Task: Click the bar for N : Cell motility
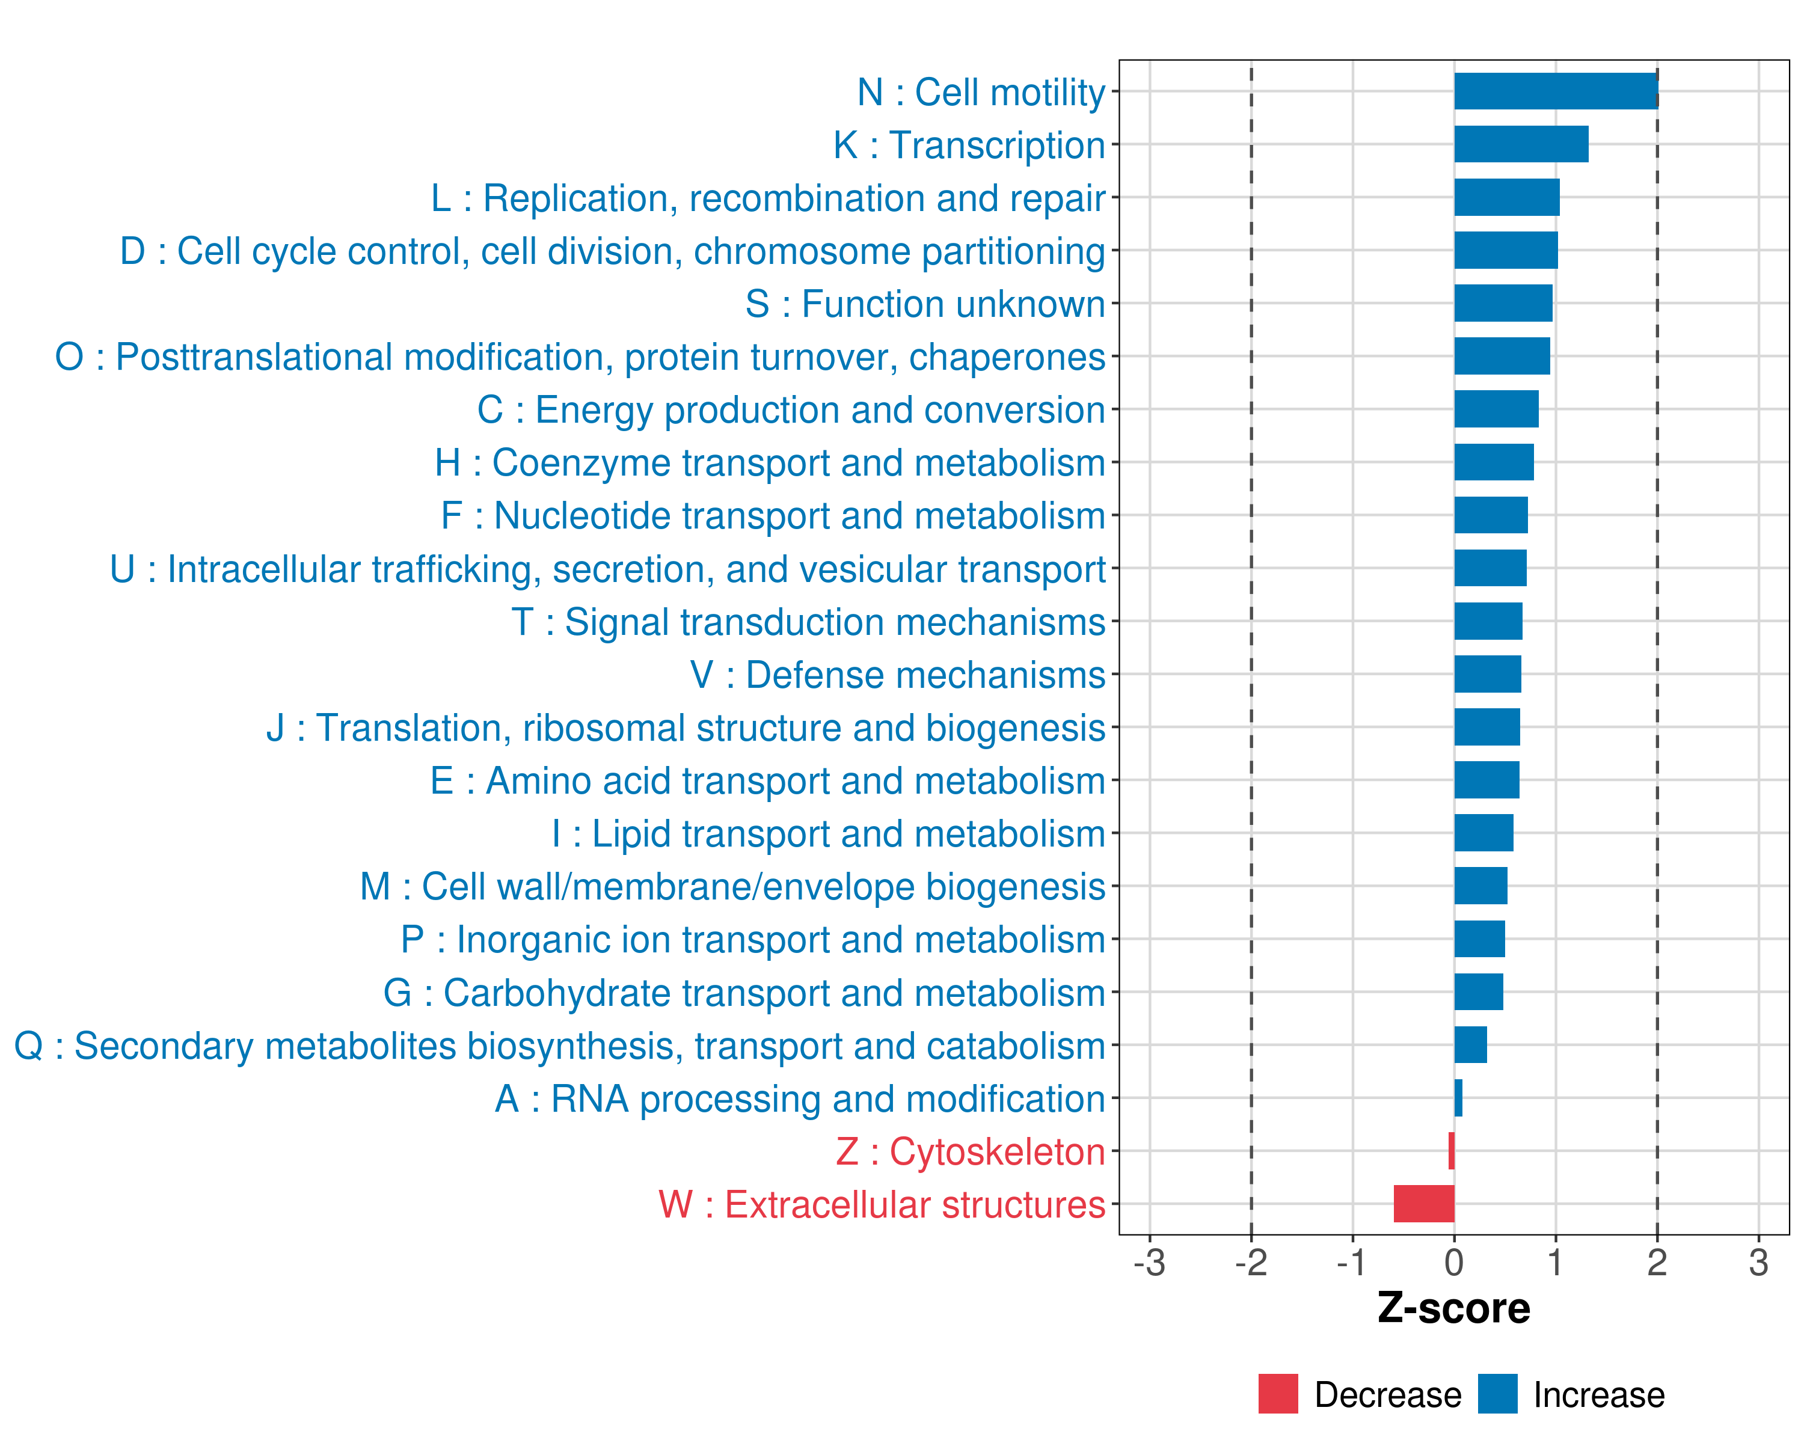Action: click(1556, 91)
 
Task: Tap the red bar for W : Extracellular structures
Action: click(1423, 1204)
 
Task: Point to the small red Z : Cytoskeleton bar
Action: click(1451, 1150)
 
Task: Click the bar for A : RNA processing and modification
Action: click(1458, 1097)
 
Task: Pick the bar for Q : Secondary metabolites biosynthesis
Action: click(1470, 1045)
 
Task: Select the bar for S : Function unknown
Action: click(1503, 303)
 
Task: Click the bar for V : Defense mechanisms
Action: click(1487, 674)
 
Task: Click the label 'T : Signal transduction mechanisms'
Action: click(808, 622)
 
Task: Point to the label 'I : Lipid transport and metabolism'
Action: click(829, 834)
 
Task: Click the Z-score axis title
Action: click(1454, 1308)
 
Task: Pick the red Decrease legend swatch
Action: click(1278, 1394)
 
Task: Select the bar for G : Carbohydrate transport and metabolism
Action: click(1479, 992)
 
